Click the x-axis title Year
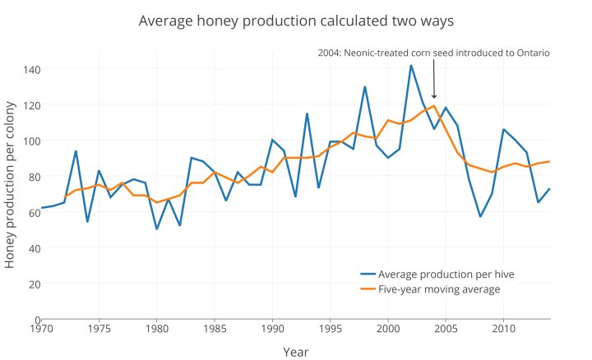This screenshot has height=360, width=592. (x=295, y=352)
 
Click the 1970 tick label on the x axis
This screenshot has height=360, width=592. (x=41, y=329)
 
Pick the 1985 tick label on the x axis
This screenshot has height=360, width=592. (x=215, y=329)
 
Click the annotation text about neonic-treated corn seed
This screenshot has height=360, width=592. (x=433, y=53)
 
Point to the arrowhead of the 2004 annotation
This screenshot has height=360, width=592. (x=434, y=98)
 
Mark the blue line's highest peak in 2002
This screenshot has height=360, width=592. (x=411, y=65)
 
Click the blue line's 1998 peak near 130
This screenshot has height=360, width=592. (x=365, y=87)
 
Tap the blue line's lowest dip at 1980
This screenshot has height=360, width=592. (x=157, y=228)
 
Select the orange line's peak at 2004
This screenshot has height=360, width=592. (x=434, y=105)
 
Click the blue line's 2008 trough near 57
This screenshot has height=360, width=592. (x=480, y=216)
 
